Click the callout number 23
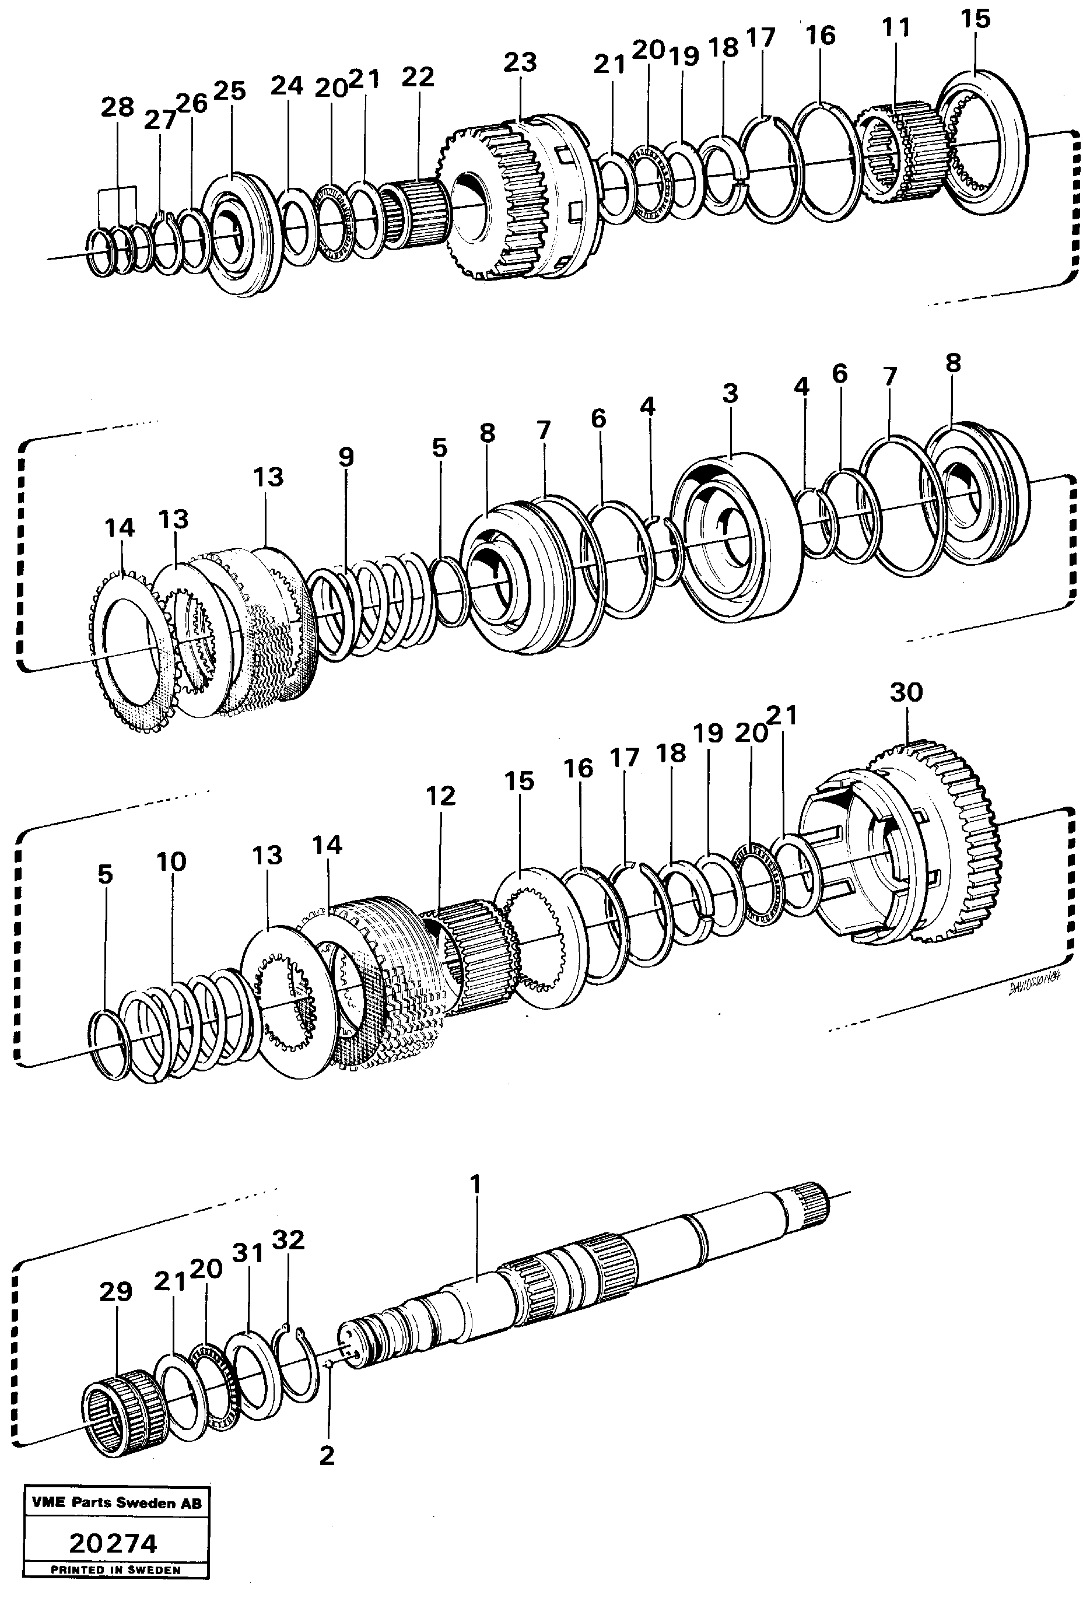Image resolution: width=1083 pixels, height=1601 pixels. [x=520, y=62]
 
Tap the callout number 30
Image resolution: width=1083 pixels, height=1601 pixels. [x=905, y=692]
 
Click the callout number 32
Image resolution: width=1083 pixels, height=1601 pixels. [x=288, y=1240]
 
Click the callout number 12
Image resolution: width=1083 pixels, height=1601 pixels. [x=440, y=796]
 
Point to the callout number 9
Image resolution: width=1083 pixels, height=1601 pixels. [x=346, y=457]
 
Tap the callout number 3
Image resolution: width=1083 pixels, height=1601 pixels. [x=730, y=393]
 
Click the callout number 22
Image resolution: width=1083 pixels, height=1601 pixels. [x=418, y=76]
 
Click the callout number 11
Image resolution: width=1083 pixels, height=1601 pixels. [x=896, y=28]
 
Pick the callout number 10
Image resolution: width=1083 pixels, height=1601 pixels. [x=171, y=861]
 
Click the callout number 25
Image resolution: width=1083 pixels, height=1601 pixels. [x=229, y=90]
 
